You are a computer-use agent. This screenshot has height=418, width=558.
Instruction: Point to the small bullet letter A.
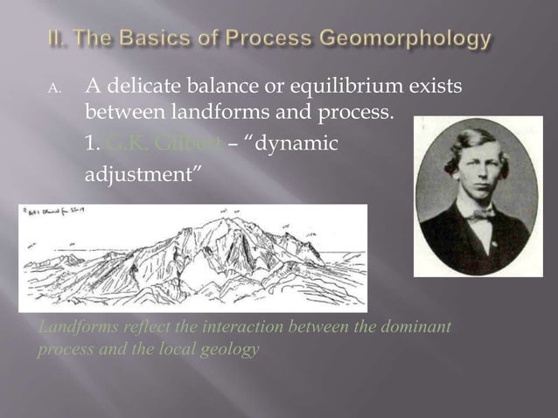(x=52, y=89)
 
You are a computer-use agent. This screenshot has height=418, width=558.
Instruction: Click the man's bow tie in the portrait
(x=480, y=214)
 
